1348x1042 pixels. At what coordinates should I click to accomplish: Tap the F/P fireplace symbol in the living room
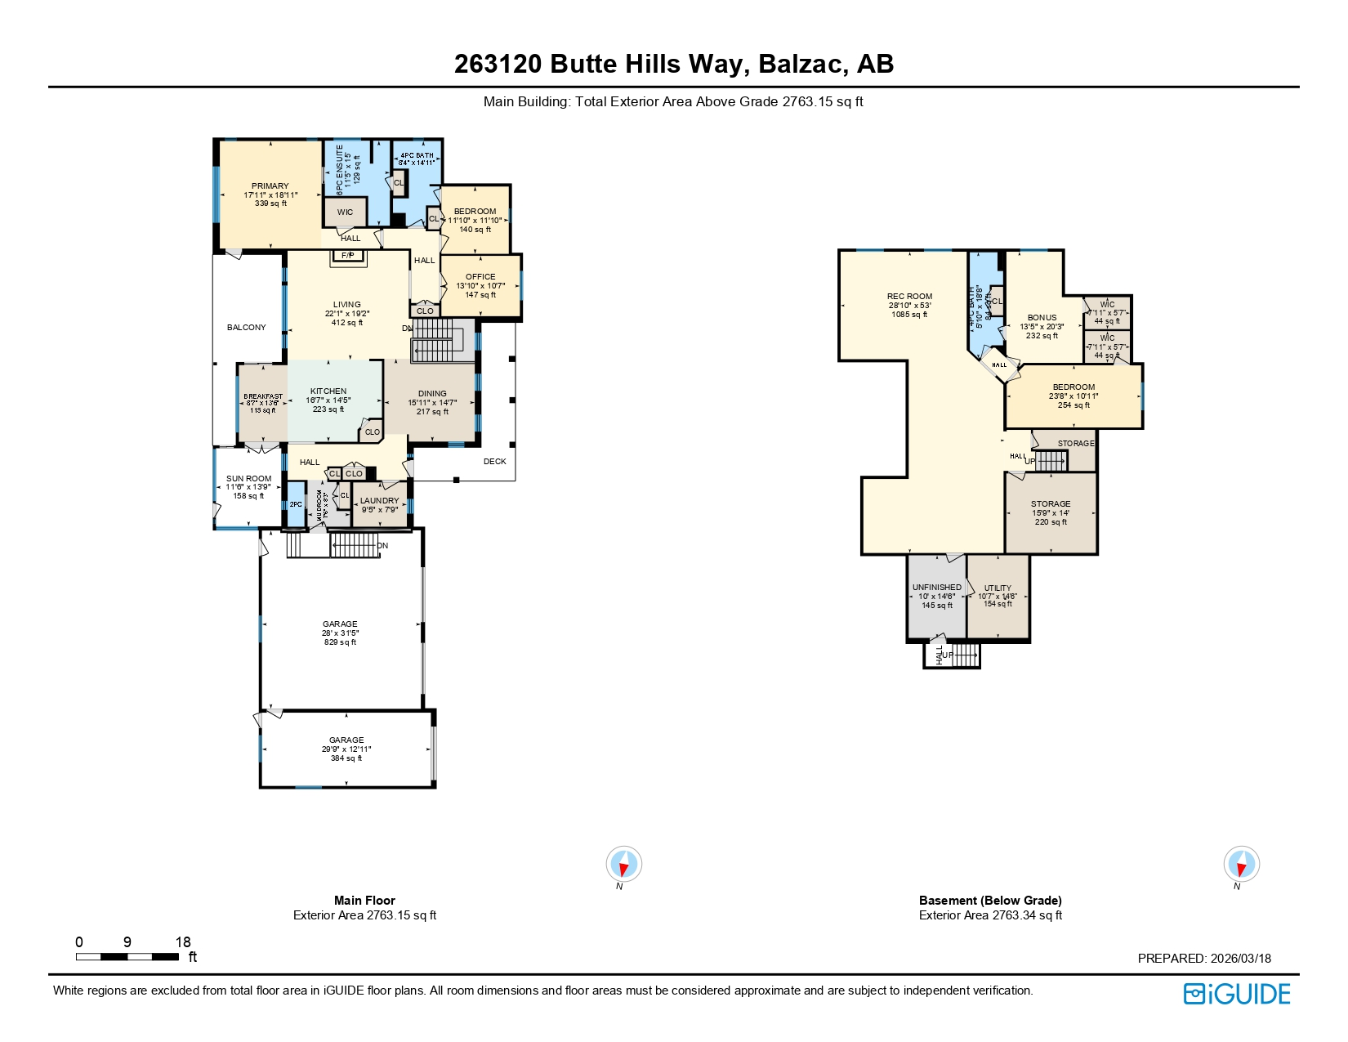click(348, 256)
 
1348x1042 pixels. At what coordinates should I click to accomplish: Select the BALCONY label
click(246, 327)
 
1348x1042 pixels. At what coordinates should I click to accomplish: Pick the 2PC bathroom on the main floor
click(296, 504)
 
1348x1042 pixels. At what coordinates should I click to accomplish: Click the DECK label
click(494, 461)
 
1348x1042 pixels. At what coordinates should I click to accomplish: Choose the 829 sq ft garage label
click(340, 633)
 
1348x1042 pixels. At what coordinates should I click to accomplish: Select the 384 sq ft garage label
click(346, 749)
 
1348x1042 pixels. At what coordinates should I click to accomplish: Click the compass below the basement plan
click(1241, 864)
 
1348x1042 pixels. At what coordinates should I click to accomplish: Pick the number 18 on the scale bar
click(183, 941)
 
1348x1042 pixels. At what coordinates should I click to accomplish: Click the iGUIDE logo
click(1237, 994)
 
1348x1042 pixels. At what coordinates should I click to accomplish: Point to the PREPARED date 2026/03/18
click(1240, 958)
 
